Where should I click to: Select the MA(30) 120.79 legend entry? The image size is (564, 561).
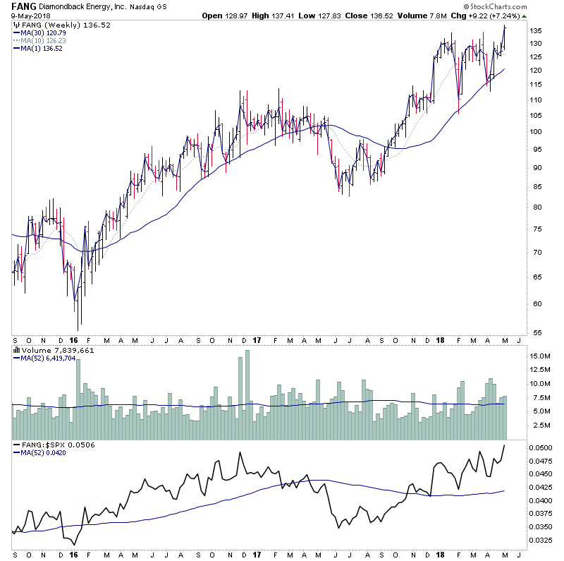coord(44,32)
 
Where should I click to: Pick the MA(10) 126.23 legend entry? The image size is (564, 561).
coord(44,40)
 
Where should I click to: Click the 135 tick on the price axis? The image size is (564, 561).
coord(536,31)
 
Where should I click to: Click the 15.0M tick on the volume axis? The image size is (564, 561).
coord(540,357)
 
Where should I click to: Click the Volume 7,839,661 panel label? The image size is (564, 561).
coord(56,349)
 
